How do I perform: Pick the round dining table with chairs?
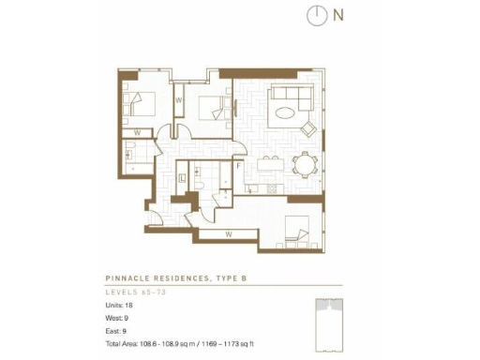click(x=305, y=167)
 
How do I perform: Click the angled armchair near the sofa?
click(x=307, y=128)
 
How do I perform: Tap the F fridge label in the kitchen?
click(x=240, y=167)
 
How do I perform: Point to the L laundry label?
click(x=182, y=176)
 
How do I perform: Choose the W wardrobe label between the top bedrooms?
click(x=178, y=99)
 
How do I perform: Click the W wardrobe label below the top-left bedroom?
click(x=137, y=133)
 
